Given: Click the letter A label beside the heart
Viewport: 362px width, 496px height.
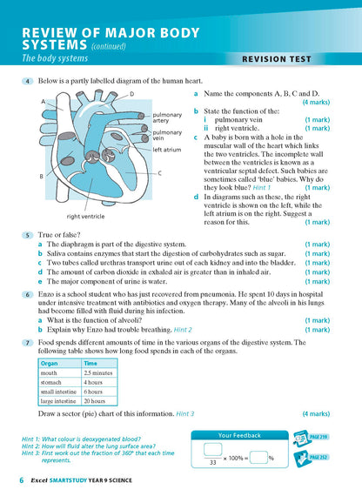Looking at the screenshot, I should pyautogui.click(x=43, y=102).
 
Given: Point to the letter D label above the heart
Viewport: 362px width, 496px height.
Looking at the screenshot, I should pyautogui.click(x=131, y=93).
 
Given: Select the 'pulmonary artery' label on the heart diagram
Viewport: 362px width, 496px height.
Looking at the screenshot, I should pyautogui.click(x=167, y=117).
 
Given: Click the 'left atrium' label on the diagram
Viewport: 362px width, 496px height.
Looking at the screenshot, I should pyautogui.click(x=167, y=149).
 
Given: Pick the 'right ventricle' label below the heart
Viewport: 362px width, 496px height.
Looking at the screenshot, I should pyautogui.click(x=85, y=216).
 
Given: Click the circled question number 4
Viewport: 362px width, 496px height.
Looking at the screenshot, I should pyautogui.click(x=29, y=81).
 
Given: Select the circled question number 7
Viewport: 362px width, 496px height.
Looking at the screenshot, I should pyautogui.click(x=29, y=342).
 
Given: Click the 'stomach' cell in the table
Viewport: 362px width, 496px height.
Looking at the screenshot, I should pyautogui.click(x=53, y=382).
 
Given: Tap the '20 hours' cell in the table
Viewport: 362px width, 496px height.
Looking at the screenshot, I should pyautogui.click(x=95, y=402).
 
